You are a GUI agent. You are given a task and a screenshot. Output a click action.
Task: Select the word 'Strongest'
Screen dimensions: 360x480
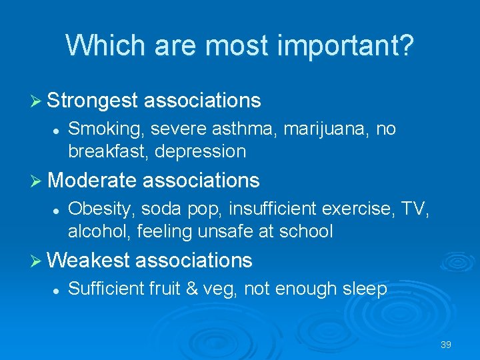[x=93, y=101]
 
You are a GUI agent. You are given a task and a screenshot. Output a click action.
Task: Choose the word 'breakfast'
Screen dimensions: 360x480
[x=108, y=151]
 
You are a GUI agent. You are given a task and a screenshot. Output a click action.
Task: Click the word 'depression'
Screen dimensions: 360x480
[x=201, y=151]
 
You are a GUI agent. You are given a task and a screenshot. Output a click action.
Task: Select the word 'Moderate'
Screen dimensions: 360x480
[x=92, y=180]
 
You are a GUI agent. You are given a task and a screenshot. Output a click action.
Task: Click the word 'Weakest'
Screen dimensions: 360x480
[x=89, y=260]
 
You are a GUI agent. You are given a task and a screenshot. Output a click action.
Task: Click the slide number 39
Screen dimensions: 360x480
[x=446, y=345]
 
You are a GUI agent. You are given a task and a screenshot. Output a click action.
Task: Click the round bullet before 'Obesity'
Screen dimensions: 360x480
[x=57, y=209]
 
